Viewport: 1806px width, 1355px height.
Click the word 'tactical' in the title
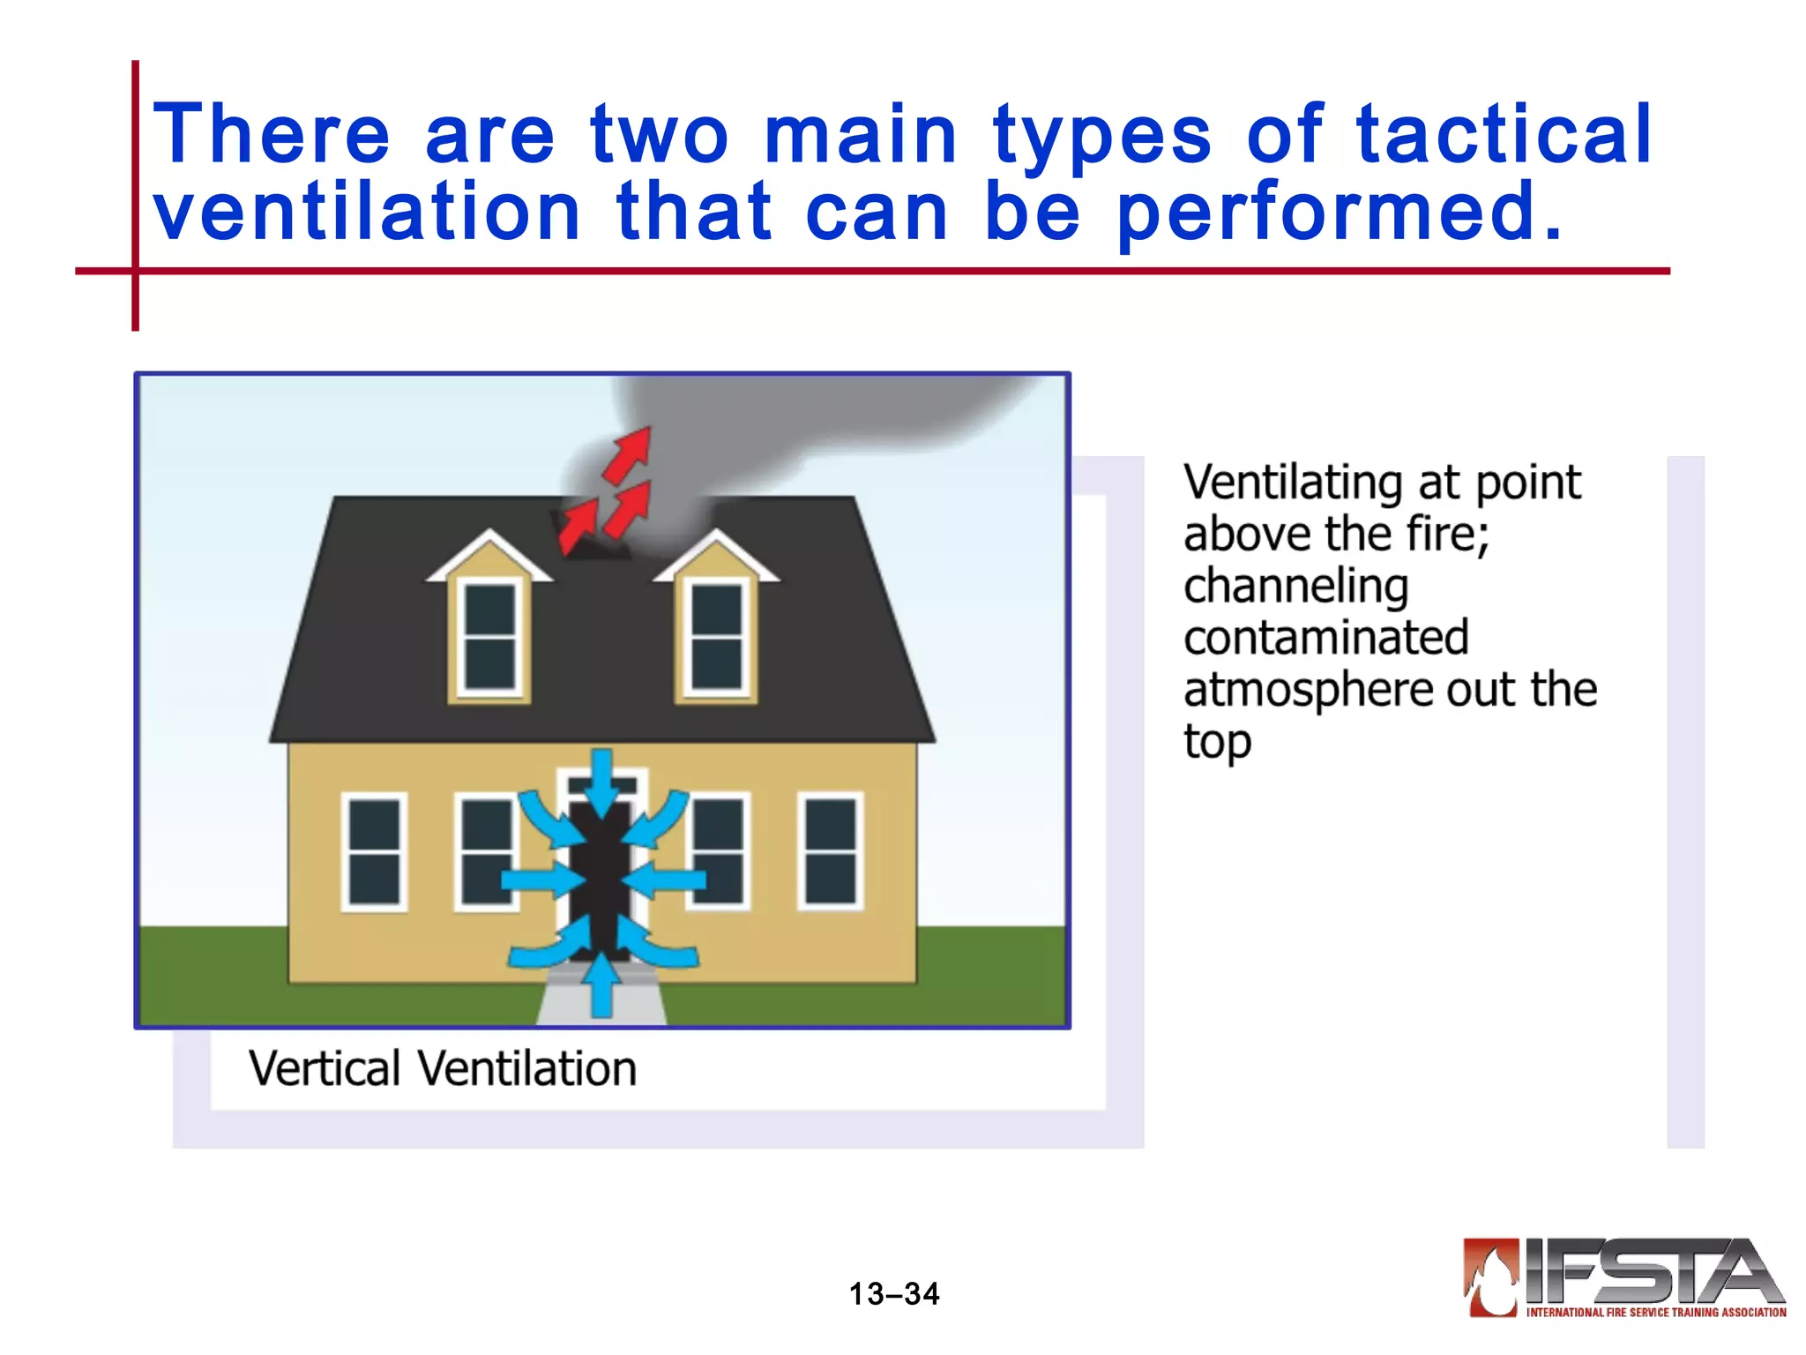coord(1503,134)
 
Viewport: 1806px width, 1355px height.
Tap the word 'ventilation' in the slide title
coord(367,212)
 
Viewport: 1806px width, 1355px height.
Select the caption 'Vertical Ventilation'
coord(442,1068)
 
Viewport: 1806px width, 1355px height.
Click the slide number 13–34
coord(894,1294)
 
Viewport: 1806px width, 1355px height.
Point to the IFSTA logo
coord(1623,1278)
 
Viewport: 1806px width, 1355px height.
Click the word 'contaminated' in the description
coord(1325,638)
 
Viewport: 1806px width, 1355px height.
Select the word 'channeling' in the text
coord(1295,587)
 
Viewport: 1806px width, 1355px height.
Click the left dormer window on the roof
coord(490,637)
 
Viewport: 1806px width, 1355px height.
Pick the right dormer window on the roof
coord(716,637)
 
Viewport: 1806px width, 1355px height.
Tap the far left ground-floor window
coord(374,851)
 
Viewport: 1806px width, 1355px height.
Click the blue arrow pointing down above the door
coord(601,782)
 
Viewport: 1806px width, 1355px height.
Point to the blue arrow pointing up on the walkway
coord(601,984)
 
